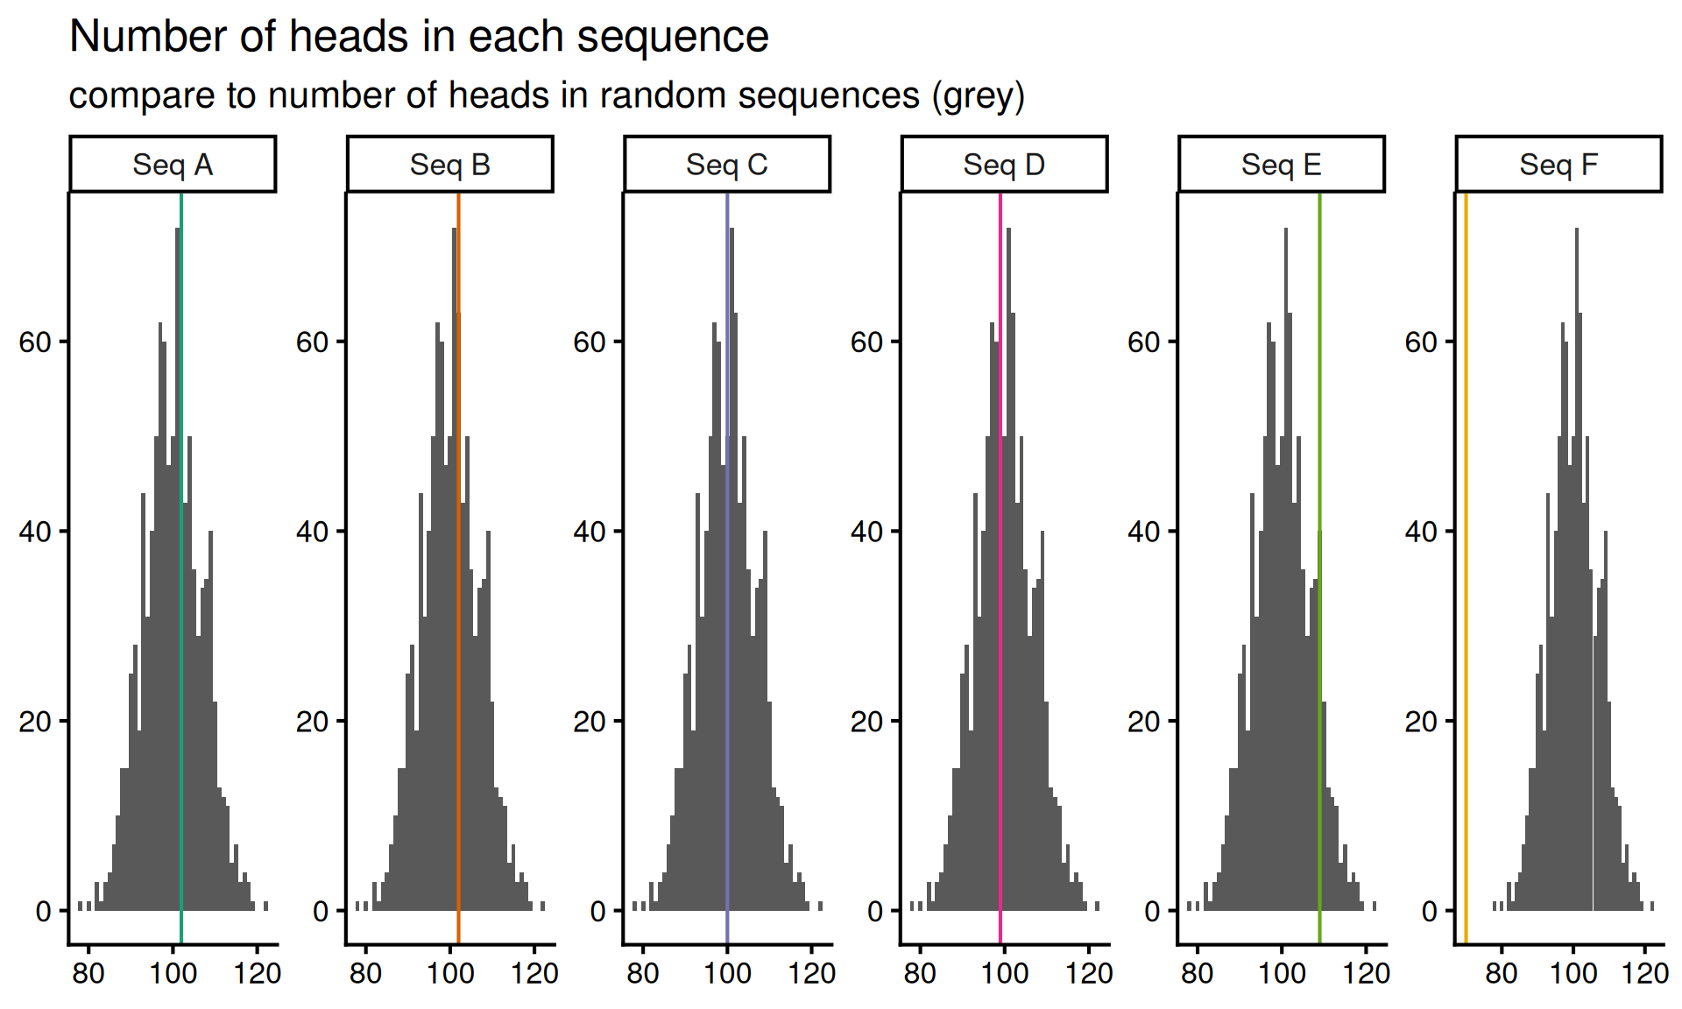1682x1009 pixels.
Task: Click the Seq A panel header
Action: (173, 165)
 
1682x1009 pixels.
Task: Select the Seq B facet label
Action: (449, 165)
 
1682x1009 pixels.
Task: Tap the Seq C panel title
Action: (726, 165)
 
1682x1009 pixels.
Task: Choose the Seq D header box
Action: (1004, 165)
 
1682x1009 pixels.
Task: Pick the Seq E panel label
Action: (1281, 165)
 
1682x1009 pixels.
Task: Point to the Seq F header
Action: (1558, 165)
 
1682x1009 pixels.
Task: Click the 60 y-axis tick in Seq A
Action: (35, 342)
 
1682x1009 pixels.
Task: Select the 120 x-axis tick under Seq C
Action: (811, 973)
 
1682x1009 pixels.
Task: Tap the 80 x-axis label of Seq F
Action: (1502, 973)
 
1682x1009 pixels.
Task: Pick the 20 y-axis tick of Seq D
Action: (866, 722)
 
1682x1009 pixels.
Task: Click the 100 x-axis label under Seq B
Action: (449, 973)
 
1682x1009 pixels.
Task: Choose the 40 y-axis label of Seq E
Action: (1144, 532)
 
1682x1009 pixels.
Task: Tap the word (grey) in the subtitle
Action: (978, 95)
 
